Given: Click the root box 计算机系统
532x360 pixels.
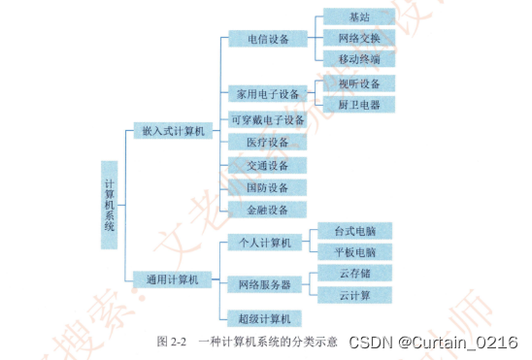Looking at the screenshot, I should point(109,205).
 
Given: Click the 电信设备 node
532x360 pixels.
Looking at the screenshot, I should point(265,40).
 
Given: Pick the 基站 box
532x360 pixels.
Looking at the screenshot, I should point(358,17).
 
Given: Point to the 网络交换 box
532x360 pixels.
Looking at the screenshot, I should point(358,39).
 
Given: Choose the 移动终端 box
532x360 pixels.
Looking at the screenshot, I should point(358,60).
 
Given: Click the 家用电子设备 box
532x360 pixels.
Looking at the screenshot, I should point(265,95).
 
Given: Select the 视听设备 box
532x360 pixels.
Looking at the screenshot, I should point(358,83).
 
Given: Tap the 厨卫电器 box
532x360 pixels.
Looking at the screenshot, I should point(358,105).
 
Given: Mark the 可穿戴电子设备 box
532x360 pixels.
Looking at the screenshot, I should point(265,120).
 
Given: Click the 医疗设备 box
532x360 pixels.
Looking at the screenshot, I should point(265,143).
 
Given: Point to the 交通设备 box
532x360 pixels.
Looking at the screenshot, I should point(265,165).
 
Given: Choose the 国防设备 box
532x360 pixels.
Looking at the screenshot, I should point(265,187).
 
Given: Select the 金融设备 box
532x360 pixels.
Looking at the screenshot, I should point(265,210).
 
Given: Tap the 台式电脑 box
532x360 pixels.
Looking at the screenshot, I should point(355,231).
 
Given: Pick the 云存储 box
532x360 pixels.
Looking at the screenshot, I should point(355,274).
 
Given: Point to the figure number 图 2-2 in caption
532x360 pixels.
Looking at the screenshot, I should point(171,343).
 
